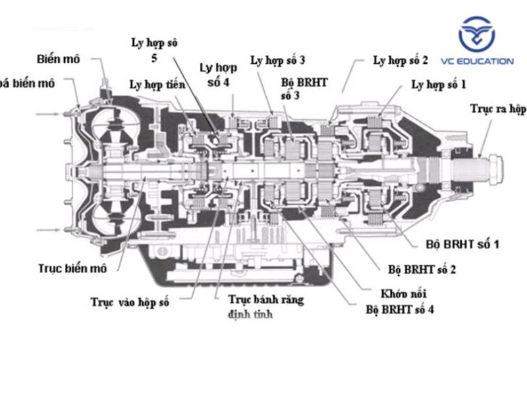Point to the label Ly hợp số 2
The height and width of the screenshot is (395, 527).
[401, 61]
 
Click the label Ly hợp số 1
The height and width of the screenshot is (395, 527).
[438, 84]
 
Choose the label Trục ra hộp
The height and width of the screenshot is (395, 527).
[498, 108]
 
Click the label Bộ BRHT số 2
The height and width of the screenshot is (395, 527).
[422, 270]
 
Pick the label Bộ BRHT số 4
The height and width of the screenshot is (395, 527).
[399, 308]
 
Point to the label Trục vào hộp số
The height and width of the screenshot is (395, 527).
[130, 302]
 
